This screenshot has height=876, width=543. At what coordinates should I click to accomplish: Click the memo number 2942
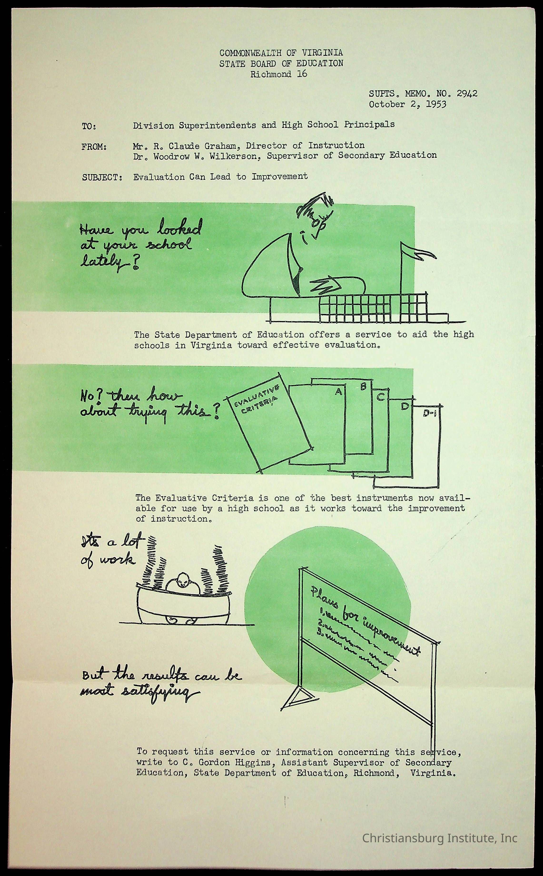467,94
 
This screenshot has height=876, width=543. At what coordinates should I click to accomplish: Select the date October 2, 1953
408,105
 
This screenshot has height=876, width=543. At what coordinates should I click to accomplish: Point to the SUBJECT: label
102,177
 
